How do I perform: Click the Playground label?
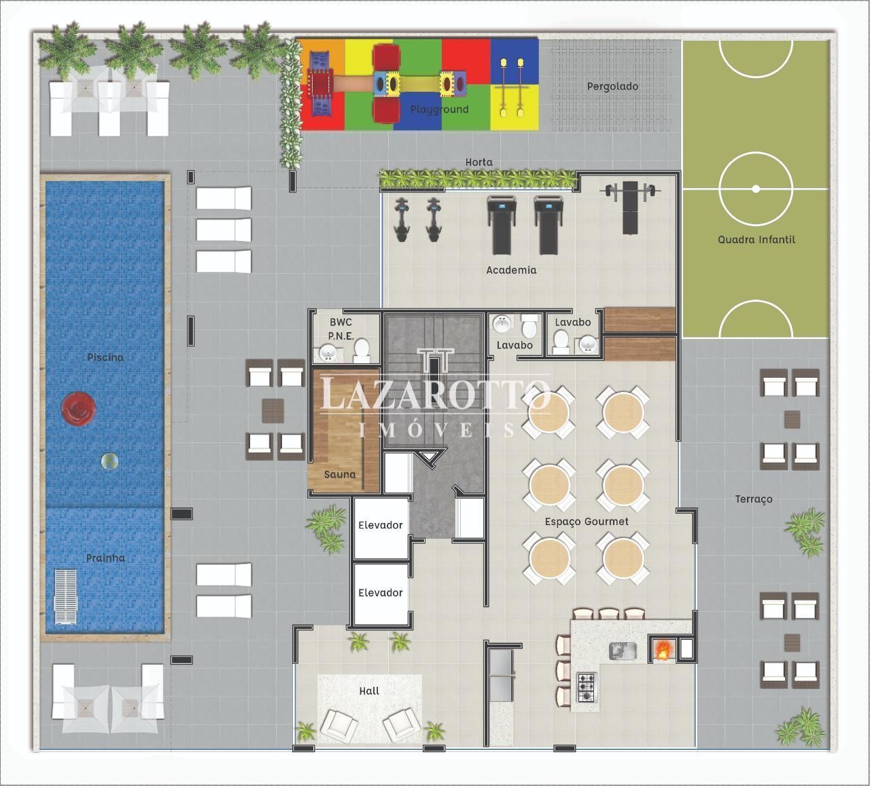(x=439, y=109)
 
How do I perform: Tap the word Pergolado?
(x=612, y=86)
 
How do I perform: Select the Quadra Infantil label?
(x=756, y=239)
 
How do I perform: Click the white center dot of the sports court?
(x=756, y=189)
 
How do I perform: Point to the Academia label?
(x=511, y=270)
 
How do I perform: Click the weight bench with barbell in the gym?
(x=631, y=207)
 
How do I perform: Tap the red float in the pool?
(x=78, y=409)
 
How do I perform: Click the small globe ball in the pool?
(x=109, y=461)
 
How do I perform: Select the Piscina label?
(x=105, y=357)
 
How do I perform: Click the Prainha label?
(x=105, y=558)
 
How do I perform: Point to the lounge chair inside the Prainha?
(x=65, y=596)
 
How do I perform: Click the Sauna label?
(x=340, y=474)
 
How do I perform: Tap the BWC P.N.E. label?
(x=341, y=329)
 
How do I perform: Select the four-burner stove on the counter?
(x=587, y=687)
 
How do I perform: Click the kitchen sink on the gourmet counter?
(x=623, y=651)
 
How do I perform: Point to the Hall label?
(x=369, y=691)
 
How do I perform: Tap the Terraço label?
(x=754, y=499)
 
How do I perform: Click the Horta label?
(x=478, y=162)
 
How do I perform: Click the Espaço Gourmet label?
(x=587, y=522)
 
